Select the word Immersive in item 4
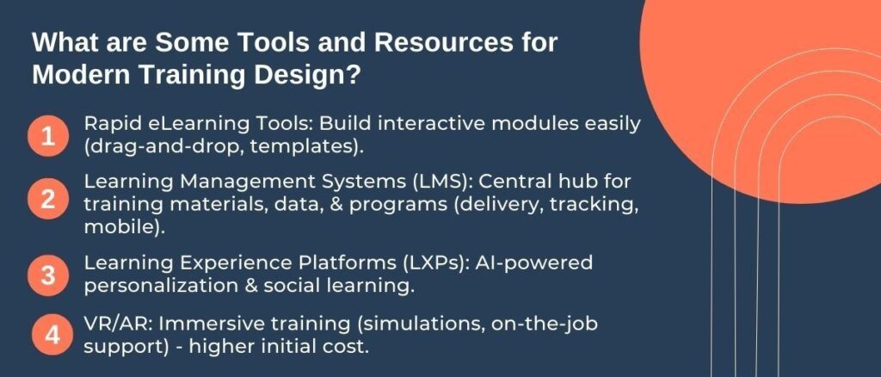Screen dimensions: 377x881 click(201, 325)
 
